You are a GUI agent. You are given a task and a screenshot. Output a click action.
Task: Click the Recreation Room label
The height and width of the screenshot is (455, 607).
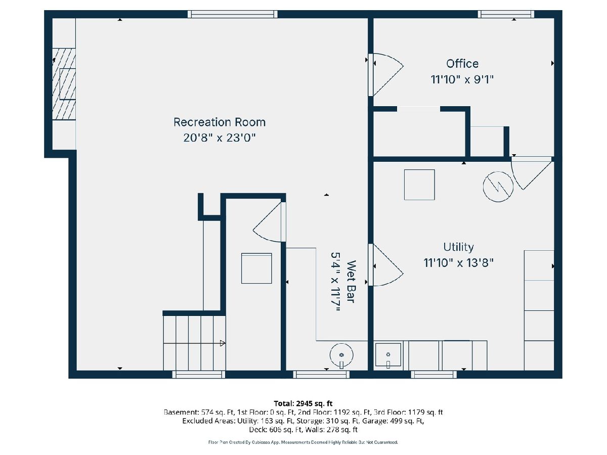(220, 122)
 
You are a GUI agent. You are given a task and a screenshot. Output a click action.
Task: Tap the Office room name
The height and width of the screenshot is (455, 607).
(462, 64)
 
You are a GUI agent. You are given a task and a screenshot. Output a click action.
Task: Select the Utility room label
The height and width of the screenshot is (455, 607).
(458, 247)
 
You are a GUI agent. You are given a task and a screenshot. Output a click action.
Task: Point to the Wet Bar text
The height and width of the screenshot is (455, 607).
(351, 282)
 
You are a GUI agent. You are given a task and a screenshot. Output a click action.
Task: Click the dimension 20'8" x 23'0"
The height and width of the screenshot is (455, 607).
(220, 138)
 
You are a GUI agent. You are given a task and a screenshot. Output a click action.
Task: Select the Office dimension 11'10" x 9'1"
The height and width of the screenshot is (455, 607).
(462, 80)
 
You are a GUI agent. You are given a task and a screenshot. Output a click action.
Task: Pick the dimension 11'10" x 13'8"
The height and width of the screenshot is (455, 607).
(458, 263)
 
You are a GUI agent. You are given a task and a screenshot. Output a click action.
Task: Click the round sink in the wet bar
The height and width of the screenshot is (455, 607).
(341, 355)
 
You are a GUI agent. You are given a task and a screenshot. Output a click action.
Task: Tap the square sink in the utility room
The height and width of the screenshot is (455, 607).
(387, 355)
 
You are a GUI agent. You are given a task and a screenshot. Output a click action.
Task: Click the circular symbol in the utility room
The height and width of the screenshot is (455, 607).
(498, 187)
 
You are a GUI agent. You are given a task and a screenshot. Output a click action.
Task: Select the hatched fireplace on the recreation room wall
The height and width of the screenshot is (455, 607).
(64, 84)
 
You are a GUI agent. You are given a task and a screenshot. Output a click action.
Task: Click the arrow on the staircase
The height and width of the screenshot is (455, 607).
(223, 343)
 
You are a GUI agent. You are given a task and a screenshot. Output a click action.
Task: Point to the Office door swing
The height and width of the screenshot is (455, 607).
(386, 75)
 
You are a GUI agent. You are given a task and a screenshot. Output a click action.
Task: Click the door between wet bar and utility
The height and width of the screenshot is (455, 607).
(385, 264)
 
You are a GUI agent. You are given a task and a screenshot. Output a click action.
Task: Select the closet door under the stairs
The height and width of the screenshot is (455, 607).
(269, 222)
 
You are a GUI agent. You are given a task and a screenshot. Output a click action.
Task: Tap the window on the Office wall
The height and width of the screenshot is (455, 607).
(506, 14)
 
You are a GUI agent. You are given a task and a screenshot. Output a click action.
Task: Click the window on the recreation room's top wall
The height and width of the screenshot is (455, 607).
(232, 14)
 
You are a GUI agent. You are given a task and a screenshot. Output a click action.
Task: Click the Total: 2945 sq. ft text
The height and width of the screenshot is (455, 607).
(303, 403)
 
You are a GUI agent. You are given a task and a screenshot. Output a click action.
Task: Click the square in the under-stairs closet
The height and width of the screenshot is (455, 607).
(256, 268)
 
